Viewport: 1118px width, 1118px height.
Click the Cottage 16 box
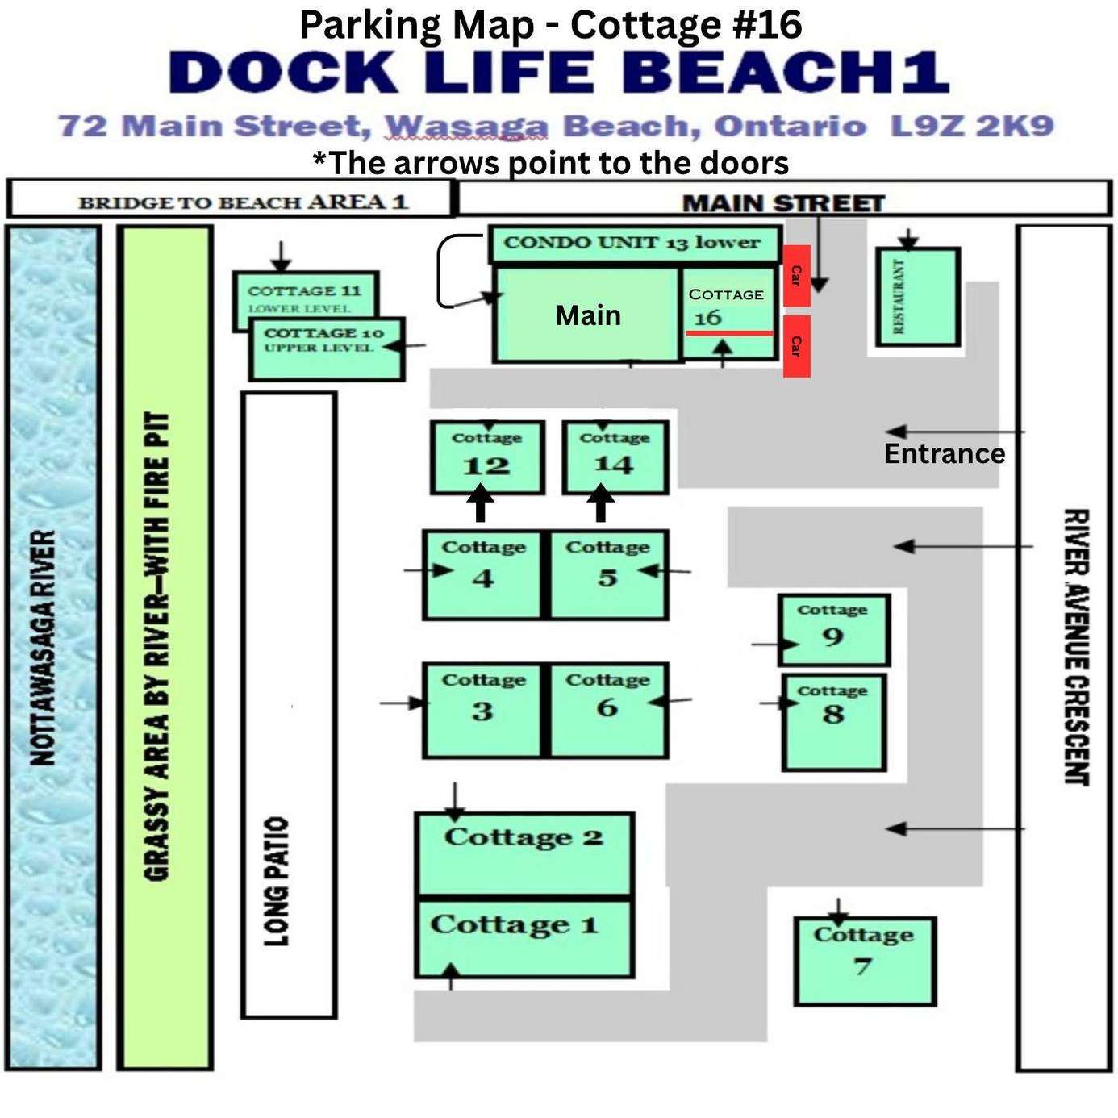pos(728,313)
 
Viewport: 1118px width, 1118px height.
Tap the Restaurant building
pos(917,297)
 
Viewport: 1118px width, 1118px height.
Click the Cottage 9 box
pos(833,630)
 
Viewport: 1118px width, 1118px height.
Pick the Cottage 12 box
pos(487,457)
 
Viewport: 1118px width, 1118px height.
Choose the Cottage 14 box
pos(615,457)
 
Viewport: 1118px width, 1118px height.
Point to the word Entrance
pos(945,453)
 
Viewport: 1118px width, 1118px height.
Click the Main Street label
pos(783,203)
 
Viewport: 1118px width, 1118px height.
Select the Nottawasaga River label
pos(44,648)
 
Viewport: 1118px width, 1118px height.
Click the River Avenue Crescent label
pos(1075,647)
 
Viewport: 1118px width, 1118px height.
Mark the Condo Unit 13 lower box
pos(634,244)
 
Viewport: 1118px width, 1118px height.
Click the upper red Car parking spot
pos(797,276)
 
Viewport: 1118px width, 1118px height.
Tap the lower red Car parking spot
pos(797,346)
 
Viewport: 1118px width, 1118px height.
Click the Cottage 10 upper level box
pos(327,349)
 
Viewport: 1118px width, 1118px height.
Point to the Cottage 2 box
pos(524,854)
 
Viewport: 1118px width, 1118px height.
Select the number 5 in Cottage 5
pos(607,578)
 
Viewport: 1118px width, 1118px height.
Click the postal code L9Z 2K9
pos(972,126)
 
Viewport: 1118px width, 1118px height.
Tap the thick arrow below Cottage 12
pos(481,503)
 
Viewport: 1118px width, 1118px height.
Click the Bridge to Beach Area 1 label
pos(244,202)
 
